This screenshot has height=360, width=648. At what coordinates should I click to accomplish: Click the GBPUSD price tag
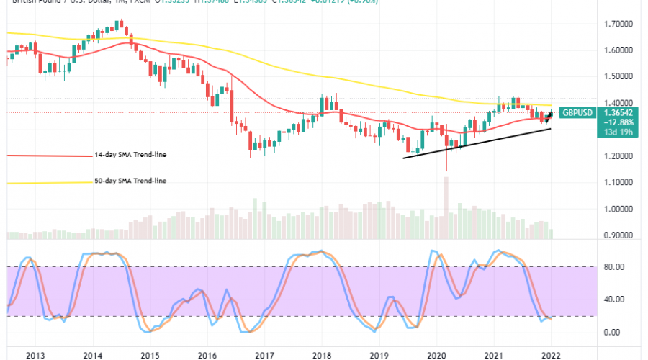pos(579,113)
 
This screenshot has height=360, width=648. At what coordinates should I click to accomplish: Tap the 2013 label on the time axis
pos(35,355)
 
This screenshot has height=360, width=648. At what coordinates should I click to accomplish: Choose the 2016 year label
pos(207,355)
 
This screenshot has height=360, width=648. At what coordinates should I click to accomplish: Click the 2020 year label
pos(436,355)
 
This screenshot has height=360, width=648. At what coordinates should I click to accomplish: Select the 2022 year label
pos(551,355)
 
